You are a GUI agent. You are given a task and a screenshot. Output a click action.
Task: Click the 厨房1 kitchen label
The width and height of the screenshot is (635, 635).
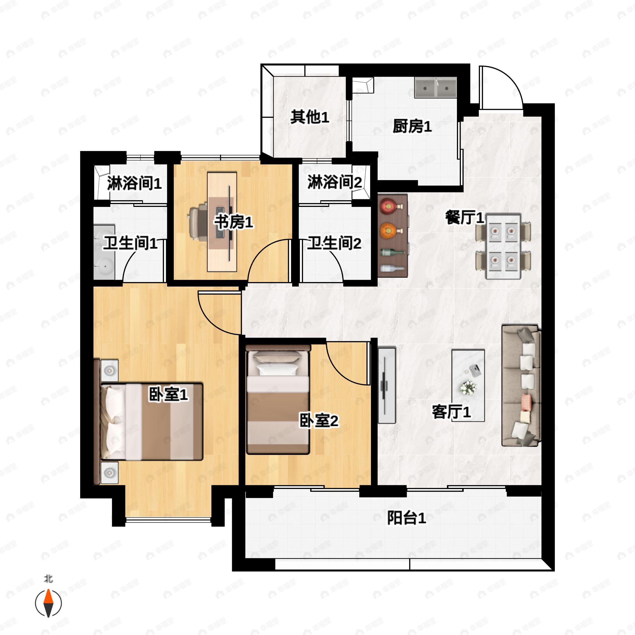point(412,126)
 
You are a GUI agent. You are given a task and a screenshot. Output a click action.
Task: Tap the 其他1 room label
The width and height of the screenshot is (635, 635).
point(309,117)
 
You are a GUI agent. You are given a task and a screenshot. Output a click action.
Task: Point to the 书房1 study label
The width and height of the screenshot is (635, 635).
point(234,222)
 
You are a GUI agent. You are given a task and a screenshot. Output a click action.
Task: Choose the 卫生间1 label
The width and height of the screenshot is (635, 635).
point(130,243)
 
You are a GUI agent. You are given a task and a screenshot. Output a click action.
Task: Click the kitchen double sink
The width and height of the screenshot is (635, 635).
point(436,88)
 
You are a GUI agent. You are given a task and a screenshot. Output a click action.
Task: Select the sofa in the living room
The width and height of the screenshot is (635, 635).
point(521,385)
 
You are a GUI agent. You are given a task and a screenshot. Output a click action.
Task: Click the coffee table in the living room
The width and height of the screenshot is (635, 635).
point(468,385)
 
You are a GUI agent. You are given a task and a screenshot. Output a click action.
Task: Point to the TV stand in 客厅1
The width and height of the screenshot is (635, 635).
point(387,384)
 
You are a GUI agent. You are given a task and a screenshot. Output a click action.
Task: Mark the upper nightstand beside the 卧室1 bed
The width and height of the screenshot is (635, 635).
point(110,370)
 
